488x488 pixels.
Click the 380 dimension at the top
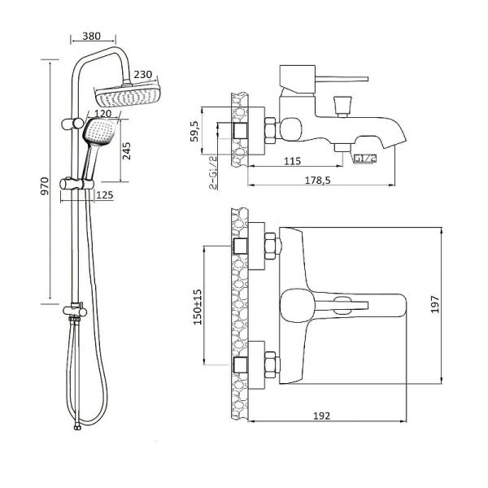coord(92,36)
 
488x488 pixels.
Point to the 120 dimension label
coord(102,114)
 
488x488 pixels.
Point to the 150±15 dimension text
coord(196,305)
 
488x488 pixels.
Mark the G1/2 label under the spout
coord(363,158)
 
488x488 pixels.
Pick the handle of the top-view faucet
coord(342,304)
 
